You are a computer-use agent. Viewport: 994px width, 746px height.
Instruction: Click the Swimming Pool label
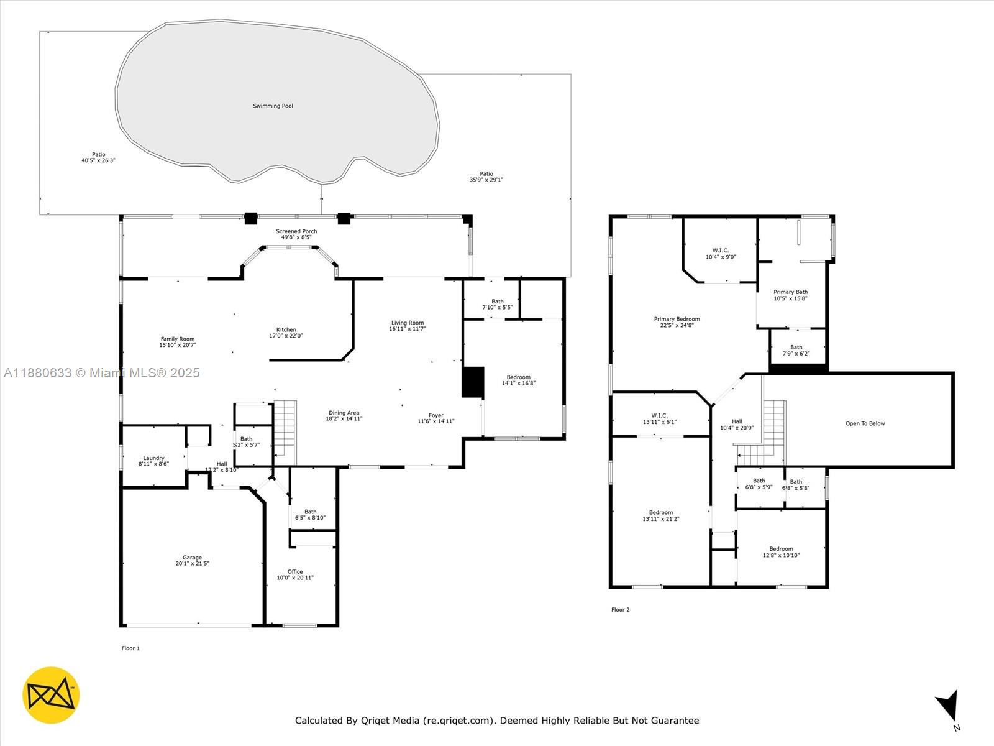273,106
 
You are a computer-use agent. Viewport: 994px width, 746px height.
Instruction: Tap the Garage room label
192,558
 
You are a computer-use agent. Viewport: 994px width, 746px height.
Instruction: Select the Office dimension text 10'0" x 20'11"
295,578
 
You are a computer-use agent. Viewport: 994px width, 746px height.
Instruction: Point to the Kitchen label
286,330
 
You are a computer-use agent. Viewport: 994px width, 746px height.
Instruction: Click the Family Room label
178,339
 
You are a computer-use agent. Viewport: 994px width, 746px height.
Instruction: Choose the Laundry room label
154,458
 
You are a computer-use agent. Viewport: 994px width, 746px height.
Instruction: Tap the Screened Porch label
296,231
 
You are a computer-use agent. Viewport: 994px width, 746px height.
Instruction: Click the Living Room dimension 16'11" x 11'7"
408,329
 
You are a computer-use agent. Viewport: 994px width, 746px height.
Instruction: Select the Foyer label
436,415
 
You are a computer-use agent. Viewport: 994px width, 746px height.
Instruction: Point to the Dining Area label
344,413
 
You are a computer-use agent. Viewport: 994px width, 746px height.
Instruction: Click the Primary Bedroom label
677,319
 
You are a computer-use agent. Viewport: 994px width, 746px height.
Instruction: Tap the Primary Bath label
791,292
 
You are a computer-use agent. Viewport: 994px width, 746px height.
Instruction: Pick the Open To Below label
865,424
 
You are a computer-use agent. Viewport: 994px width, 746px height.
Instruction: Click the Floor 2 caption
621,610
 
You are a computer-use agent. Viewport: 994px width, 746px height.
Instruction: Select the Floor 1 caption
130,648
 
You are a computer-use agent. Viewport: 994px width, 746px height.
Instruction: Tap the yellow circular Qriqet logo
51,695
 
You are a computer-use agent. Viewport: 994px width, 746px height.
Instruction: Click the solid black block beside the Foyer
473,382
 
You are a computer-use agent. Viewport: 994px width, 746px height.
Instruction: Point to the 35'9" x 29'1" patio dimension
486,180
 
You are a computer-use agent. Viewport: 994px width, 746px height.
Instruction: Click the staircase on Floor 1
285,433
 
